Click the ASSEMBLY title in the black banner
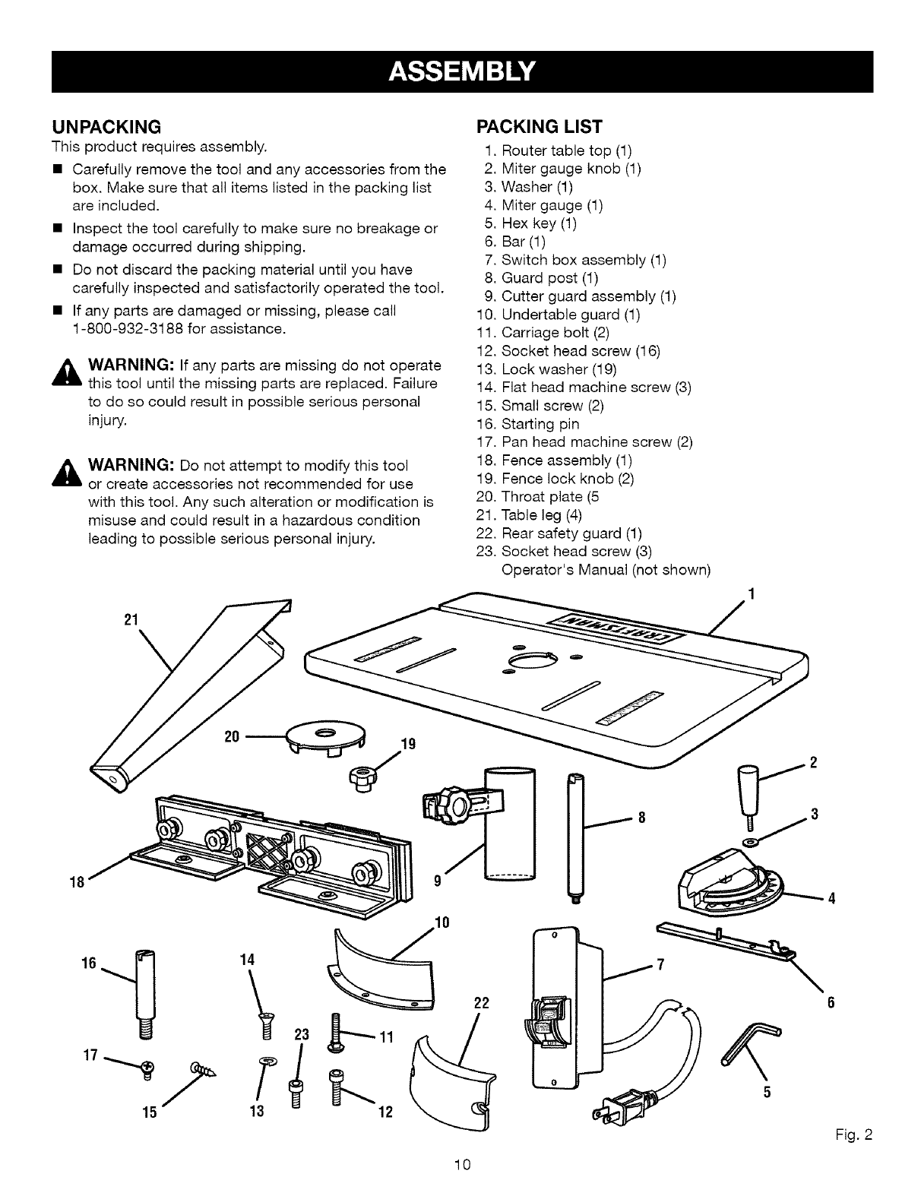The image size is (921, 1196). [462, 71]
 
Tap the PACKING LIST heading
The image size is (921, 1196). [539, 126]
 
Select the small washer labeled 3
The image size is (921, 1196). [752, 843]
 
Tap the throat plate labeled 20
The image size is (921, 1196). [324, 736]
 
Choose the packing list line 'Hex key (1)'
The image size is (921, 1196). [539, 223]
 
